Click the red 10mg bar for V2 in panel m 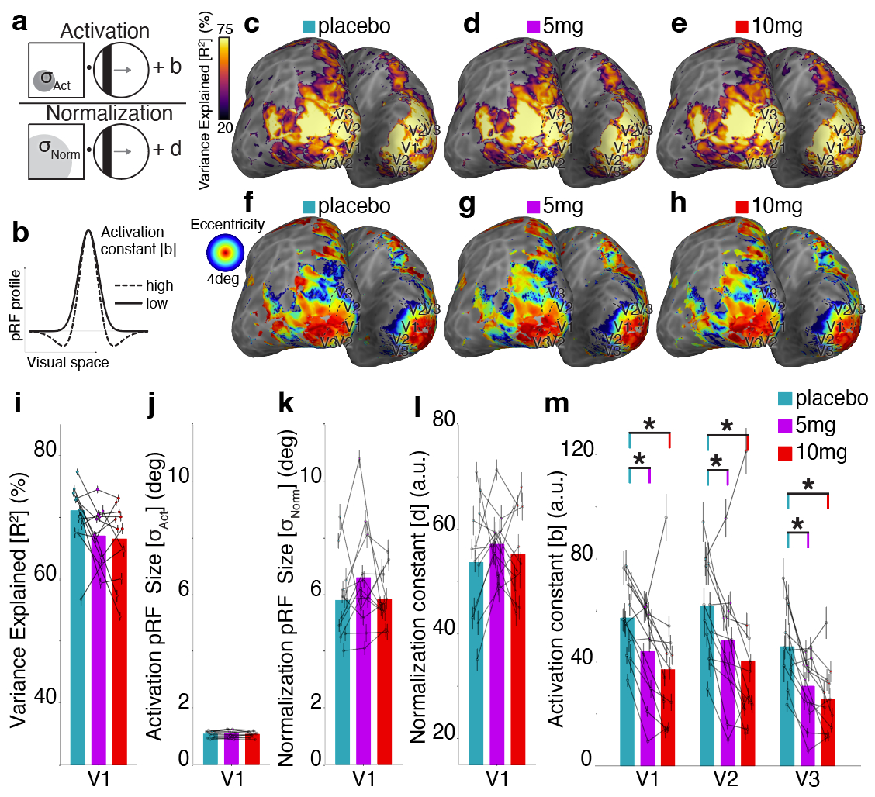pyautogui.click(x=749, y=713)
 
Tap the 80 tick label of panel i pyautogui.click(x=45, y=448)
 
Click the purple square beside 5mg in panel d pyautogui.click(x=523, y=28)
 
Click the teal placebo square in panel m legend pyautogui.click(x=785, y=399)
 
